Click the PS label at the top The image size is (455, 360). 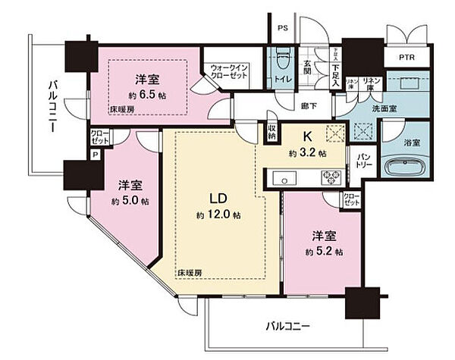click(282, 30)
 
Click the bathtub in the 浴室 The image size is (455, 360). click(399, 169)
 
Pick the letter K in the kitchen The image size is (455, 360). click(309, 137)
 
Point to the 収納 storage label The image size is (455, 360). click(271, 134)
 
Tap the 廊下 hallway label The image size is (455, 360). click(306, 108)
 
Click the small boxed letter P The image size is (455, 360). click(95, 154)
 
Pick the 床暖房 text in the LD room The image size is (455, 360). click(190, 271)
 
